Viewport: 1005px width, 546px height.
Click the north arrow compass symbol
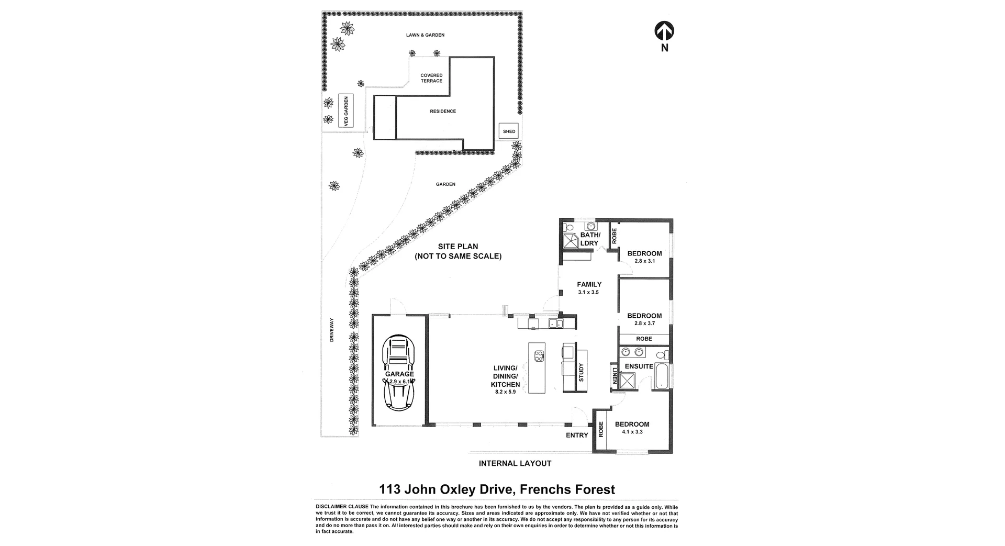(x=664, y=31)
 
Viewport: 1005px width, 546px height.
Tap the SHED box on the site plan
(x=509, y=131)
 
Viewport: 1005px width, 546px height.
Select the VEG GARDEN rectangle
(x=346, y=110)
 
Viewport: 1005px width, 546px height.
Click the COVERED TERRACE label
(x=431, y=78)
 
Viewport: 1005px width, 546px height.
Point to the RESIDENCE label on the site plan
(x=443, y=112)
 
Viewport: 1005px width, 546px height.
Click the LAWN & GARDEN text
(x=425, y=35)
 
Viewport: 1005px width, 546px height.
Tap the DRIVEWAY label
(x=331, y=330)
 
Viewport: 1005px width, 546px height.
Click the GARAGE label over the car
(x=399, y=374)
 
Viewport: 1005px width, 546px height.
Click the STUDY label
(x=581, y=372)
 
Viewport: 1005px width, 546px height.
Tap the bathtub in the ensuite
(x=661, y=374)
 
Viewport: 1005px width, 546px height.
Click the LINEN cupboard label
(x=615, y=375)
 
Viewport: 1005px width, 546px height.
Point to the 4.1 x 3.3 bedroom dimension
(x=632, y=432)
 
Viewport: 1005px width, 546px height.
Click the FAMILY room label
(x=589, y=285)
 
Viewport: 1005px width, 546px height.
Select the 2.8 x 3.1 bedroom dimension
(x=644, y=261)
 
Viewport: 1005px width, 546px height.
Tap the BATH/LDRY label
(x=589, y=239)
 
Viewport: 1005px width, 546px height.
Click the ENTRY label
(x=577, y=435)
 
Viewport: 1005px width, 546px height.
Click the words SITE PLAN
(x=458, y=247)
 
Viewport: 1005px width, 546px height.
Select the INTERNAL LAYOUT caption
(x=515, y=463)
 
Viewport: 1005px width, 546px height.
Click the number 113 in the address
(x=390, y=489)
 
